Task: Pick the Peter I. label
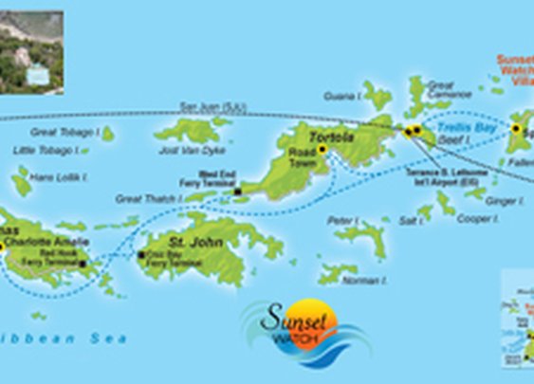tap(341, 219)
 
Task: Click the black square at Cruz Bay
tap(141, 255)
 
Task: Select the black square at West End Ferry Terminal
tap(236, 192)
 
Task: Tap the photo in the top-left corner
tap(31, 52)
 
